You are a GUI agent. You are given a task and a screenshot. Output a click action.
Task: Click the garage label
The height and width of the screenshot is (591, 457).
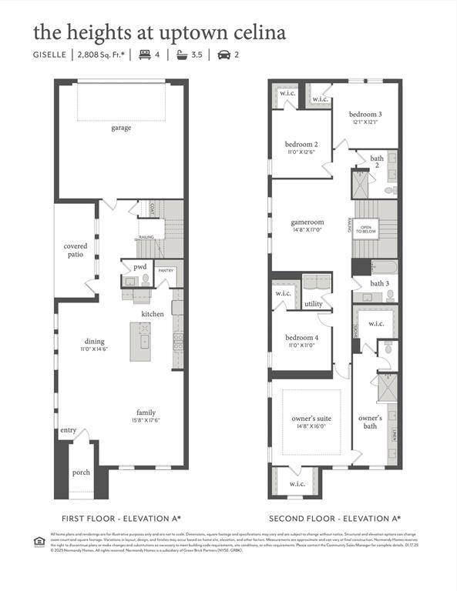click(119, 128)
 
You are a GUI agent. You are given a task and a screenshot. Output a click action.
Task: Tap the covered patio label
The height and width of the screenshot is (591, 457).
click(75, 250)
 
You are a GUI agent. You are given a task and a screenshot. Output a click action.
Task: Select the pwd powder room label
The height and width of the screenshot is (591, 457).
click(139, 267)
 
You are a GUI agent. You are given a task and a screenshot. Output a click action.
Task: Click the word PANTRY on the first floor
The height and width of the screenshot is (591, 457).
click(166, 271)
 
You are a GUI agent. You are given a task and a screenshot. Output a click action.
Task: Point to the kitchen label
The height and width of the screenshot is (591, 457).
click(152, 314)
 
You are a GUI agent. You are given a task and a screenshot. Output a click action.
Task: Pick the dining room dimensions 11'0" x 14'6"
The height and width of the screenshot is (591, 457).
click(94, 349)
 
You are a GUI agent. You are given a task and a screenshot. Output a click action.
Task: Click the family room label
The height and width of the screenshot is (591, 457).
click(146, 412)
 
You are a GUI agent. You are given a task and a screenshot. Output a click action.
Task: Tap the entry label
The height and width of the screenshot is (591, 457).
click(69, 430)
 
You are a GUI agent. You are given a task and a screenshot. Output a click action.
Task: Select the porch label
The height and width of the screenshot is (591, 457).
click(81, 472)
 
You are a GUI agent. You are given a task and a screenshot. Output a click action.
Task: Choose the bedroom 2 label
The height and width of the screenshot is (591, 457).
click(301, 145)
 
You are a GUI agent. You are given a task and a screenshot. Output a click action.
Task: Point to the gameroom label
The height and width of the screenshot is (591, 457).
click(308, 222)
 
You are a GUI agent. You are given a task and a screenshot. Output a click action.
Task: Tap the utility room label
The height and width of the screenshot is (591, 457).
click(314, 304)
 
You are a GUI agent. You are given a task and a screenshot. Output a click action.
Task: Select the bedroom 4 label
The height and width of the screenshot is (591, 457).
click(301, 338)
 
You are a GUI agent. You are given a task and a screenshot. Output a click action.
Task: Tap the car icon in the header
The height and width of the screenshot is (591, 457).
click(224, 55)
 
